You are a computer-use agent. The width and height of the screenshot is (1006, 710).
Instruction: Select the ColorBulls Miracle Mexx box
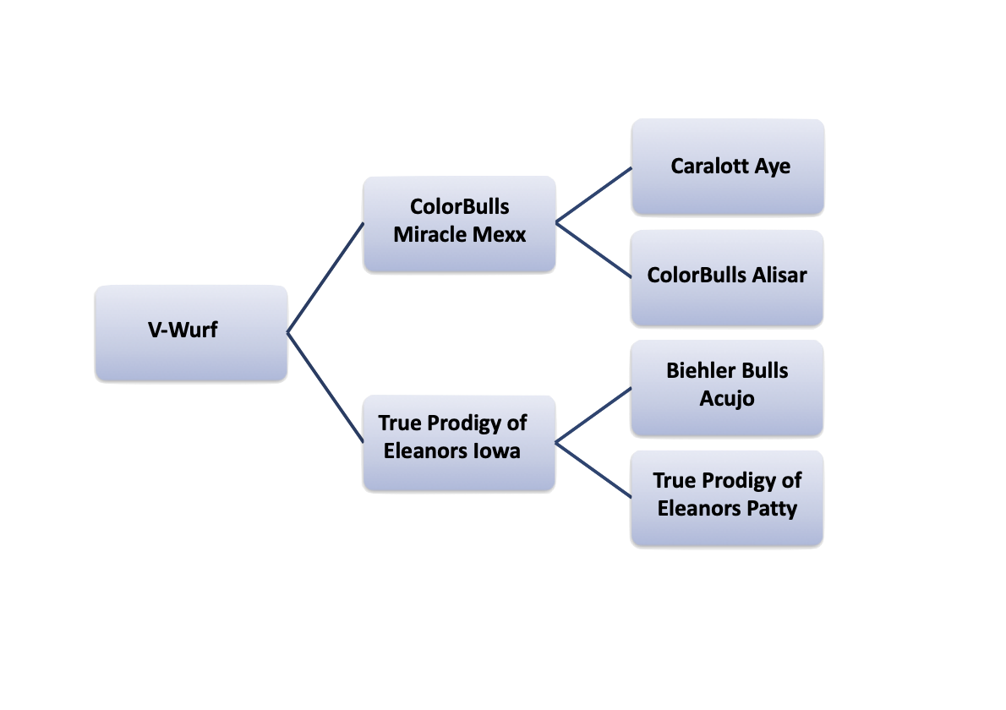(x=459, y=224)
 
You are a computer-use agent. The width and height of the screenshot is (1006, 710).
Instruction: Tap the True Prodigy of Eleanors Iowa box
(x=459, y=442)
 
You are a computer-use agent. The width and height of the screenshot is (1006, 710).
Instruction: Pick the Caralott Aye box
(x=727, y=167)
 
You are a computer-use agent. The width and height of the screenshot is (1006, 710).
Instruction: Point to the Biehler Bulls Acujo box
(x=727, y=388)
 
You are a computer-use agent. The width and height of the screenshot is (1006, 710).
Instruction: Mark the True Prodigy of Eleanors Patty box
(x=727, y=499)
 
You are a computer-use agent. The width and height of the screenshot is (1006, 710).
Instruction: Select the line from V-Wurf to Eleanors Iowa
(x=325, y=387)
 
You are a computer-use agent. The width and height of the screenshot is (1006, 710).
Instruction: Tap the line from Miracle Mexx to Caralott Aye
(x=593, y=195)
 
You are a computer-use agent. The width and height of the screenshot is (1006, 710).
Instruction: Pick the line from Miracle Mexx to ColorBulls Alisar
(x=593, y=250)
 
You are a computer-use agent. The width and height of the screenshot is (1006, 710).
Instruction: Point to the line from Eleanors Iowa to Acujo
(x=593, y=415)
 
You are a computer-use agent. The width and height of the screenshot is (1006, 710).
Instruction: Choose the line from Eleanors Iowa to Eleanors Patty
(x=593, y=469)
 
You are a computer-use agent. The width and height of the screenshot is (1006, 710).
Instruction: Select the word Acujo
(x=727, y=398)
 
